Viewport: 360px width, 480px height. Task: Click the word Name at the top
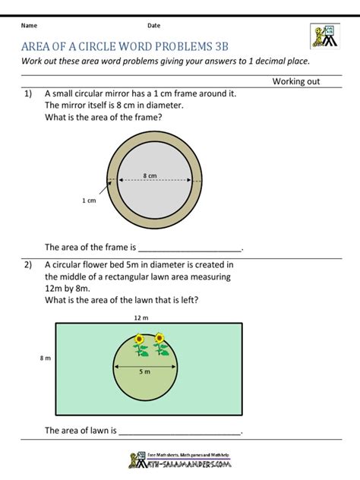29,25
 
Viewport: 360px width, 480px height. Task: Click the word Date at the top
154,25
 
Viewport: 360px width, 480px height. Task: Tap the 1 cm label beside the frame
89,201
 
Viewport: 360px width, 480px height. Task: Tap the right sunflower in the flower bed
160,344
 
